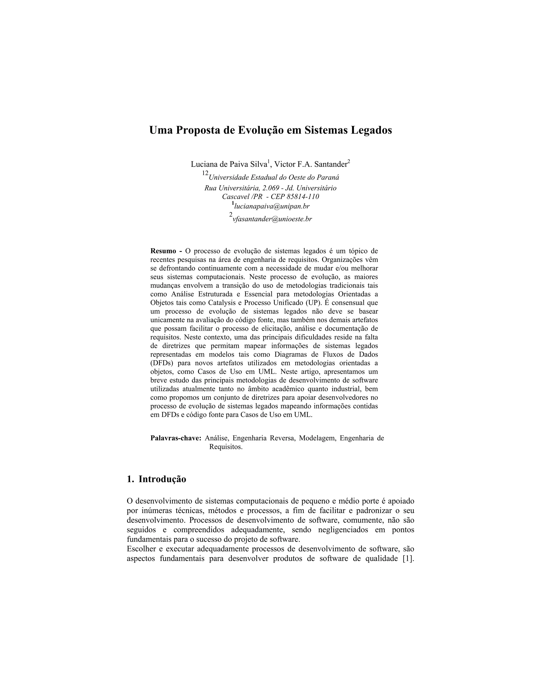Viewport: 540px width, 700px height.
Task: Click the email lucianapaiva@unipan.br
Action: click(x=272, y=206)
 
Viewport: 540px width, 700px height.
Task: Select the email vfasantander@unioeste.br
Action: click(x=272, y=219)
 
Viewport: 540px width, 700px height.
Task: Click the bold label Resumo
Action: click(x=163, y=251)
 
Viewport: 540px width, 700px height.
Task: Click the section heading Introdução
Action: click(x=162, y=479)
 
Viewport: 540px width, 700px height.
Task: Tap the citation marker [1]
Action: click(x=408, y=558)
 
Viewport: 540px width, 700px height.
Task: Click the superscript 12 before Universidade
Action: click(x=205, y=173)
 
